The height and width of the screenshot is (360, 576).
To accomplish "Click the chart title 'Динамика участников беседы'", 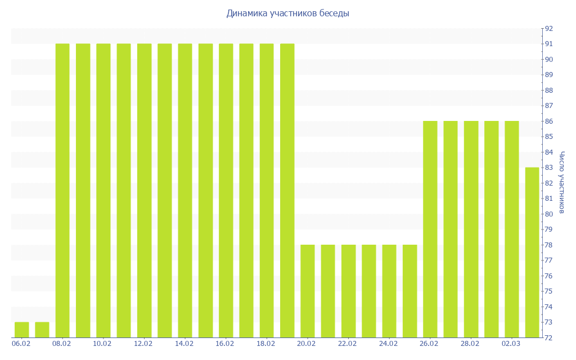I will pos(287,13).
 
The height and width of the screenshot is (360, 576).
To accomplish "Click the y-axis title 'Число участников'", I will pos(561,182).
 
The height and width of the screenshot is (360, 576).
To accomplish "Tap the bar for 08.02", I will pos(62,191).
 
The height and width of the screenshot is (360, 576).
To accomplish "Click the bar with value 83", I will pos(532,253).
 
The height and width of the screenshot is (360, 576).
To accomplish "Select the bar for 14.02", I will pos(185,191).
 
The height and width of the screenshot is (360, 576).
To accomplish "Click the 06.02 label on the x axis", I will pos(21,343).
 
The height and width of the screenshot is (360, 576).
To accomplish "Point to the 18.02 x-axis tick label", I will pos(266,343).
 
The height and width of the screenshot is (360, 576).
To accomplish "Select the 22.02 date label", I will pos(348,343).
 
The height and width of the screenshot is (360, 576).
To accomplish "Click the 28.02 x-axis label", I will pos(470,343).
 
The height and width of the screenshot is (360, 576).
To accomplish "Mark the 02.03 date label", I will pos(511,343).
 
